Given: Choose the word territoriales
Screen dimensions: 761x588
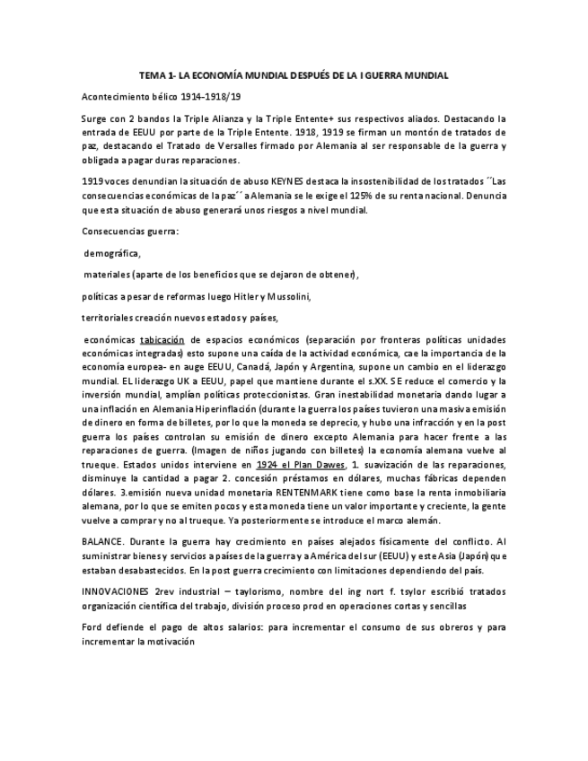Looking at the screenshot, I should [x=110, y=318].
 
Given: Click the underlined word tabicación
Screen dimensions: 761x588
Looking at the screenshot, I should [x=162, y=341].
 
